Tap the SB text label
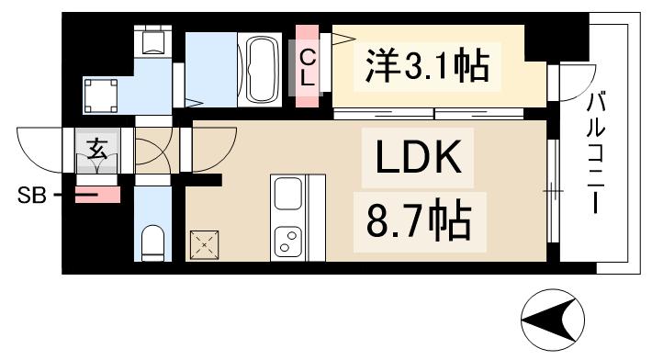pos(31,196)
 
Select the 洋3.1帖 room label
pos(424,65)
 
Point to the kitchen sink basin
pos(288,195)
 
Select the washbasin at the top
pos(151,40)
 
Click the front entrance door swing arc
pos(41,147)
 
